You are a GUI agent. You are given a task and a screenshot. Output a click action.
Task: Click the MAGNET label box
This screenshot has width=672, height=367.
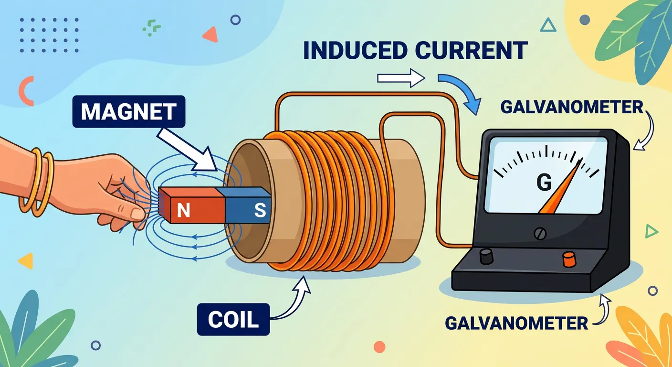click(127, 112)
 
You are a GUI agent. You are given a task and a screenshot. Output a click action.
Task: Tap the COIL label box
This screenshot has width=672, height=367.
click(233, 320)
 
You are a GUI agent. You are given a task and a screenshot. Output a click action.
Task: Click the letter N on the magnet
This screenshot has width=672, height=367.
click(183, 211)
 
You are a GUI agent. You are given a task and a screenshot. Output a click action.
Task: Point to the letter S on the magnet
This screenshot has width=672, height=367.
click(259, 211)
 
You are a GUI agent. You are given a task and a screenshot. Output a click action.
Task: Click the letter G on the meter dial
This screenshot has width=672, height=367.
click(544, 181)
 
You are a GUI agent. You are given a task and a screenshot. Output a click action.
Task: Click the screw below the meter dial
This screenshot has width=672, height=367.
click(540, 233)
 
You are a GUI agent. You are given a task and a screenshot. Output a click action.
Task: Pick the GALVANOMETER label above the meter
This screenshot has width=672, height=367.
click(572, 107)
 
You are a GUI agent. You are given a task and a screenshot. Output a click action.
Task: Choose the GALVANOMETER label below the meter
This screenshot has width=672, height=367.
click(516, 323)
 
